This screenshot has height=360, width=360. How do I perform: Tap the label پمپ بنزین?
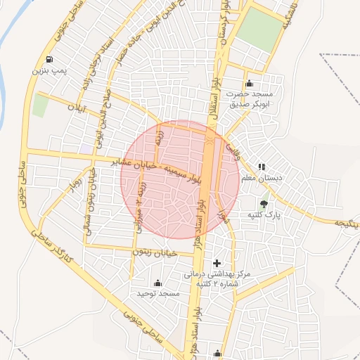pyautogui.click(x=48, y=70)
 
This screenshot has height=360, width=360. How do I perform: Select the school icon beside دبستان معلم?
pyautogui.click(x=262, y=167)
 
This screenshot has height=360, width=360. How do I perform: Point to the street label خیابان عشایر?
pyautogui.click(x=140, y=165)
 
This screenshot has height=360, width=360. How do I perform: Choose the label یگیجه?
pyautogui.click(x=345, y=224)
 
